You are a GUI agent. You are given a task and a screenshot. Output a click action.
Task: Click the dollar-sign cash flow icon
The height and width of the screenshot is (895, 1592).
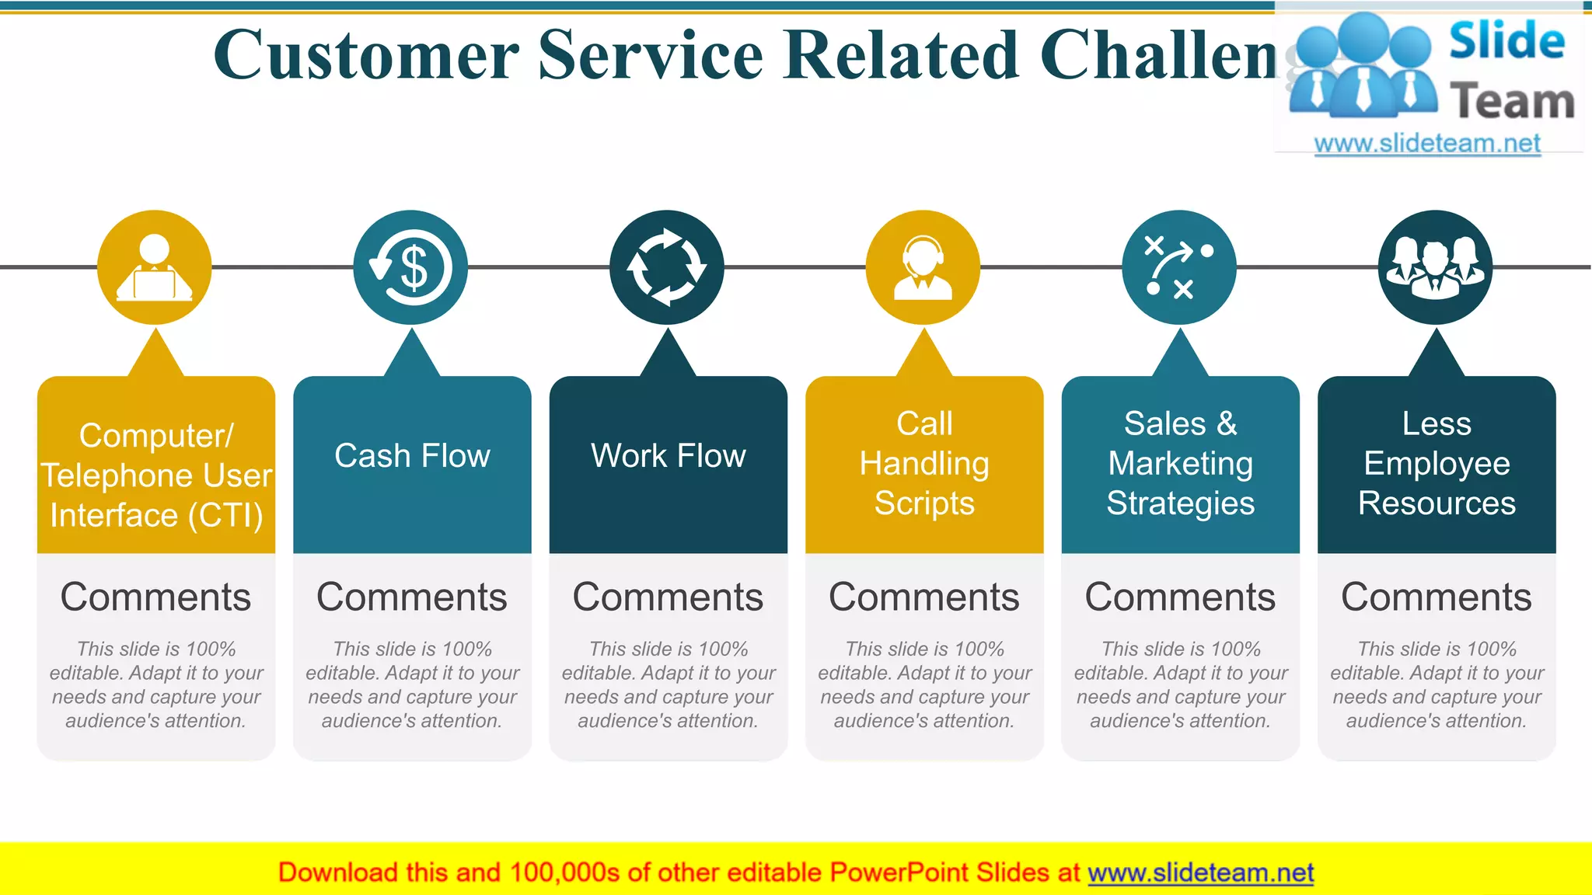coord(410,267)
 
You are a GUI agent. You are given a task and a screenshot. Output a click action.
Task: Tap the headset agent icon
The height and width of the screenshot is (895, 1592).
coord(923,267)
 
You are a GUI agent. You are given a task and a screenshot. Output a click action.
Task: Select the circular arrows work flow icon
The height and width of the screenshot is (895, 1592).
coord(667,267)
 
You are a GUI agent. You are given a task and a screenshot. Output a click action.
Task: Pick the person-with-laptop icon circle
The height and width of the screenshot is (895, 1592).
coord(155,267)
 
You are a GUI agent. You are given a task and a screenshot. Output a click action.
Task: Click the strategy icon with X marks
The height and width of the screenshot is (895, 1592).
coord(1179,267)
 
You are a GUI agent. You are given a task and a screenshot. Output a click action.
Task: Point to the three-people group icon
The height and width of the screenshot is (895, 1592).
coord(1435,267)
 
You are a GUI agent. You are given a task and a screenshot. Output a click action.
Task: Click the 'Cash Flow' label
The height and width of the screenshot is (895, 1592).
coord(412,456)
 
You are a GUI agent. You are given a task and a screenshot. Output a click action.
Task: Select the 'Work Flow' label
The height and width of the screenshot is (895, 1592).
coord(669,456)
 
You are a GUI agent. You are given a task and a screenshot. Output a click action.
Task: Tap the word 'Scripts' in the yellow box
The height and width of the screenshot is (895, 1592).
coord(924,503)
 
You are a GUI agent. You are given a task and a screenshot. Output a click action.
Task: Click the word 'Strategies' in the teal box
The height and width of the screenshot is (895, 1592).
coord(1180,503)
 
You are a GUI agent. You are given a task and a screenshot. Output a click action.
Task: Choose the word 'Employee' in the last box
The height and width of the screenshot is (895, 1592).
coord(1437,464)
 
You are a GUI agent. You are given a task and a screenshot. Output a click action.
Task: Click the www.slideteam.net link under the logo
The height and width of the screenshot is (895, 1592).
coord(1427,144)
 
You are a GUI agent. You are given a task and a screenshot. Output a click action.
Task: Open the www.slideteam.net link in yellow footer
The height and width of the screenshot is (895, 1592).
coord(1200,873)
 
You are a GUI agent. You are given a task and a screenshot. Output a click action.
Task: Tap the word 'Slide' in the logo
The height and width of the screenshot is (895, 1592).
coord(1506,41)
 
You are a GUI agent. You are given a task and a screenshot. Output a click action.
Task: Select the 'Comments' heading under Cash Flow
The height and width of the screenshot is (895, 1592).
coord(412,597)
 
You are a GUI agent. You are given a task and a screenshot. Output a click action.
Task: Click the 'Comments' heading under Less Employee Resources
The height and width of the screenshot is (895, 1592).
coord(1437,597)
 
